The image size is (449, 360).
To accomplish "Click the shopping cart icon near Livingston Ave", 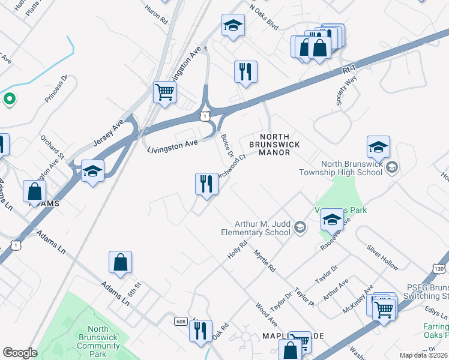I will tap(164, 92).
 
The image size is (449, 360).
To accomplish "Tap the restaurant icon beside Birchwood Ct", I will tap(206, 184).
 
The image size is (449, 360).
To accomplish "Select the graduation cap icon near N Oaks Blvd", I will tap(232, 25).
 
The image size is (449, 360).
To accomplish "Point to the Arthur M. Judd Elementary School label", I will tap(262, 227).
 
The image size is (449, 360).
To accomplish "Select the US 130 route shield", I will tap(440, 269).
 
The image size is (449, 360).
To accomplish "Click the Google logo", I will tap(20, 353).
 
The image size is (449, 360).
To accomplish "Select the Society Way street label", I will tap(347, 92).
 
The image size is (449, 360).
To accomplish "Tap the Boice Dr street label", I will tap(227, 145).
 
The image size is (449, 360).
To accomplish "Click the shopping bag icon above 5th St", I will tap(120, 262).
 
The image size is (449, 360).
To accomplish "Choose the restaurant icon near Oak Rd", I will tap(200, 331).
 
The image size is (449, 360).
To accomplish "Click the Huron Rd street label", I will tap(156, 16).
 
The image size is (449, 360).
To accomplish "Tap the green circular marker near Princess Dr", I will tap(9, 99).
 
